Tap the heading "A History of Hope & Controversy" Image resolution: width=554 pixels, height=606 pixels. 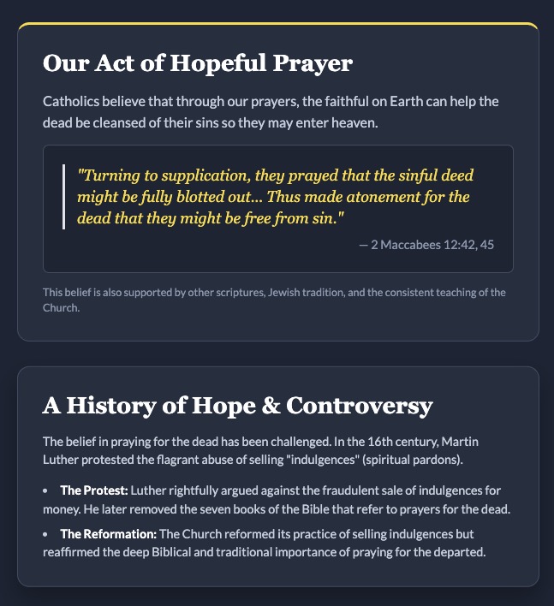point(238,406)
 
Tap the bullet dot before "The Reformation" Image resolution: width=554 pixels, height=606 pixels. point(45,535)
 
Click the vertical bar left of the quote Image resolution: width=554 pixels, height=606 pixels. point(64,197)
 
